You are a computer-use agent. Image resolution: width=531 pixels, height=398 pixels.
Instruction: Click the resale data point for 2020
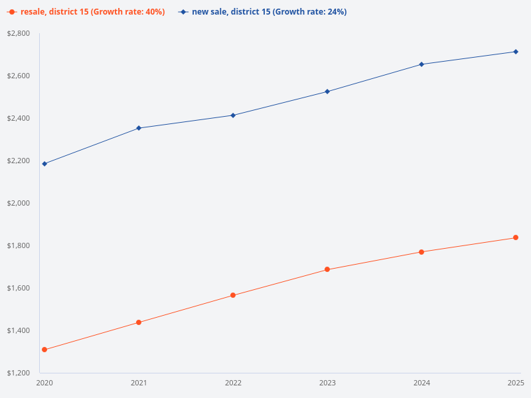click(44, 350)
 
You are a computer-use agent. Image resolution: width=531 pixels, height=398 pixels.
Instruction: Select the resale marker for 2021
click(139, 322)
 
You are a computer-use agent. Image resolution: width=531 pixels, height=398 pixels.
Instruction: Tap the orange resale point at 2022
click(233, 295)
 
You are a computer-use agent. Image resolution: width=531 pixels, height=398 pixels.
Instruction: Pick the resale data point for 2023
click(327, 269)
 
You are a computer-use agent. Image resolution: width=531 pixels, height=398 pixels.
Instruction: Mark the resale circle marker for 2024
click(421, 252)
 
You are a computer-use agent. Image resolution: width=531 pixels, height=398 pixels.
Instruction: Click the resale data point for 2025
click(516, 237)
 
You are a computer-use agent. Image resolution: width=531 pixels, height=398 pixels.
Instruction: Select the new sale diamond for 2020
click(44, 164)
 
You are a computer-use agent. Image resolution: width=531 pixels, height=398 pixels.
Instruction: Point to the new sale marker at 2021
click(139, 128)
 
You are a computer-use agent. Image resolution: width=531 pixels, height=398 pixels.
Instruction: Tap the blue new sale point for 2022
click(233, 115)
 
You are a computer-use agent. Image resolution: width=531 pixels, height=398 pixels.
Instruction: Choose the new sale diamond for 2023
click(327, 92)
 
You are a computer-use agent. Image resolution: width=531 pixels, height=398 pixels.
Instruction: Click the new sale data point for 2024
click(421, 64)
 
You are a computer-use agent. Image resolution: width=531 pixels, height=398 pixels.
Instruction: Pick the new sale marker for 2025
click(516, 52)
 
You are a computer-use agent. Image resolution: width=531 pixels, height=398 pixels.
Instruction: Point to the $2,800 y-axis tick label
click(19, 33)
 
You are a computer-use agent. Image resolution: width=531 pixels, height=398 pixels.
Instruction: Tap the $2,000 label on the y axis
click(19, 203)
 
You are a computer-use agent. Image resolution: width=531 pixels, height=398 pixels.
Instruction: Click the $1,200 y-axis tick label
click(19, 373)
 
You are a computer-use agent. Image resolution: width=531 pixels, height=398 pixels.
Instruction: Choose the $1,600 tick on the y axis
click(19, 288)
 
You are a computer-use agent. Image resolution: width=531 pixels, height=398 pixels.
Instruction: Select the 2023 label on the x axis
click(327, 383)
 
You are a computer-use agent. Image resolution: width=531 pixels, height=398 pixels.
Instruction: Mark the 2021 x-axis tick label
click(139, 383)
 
